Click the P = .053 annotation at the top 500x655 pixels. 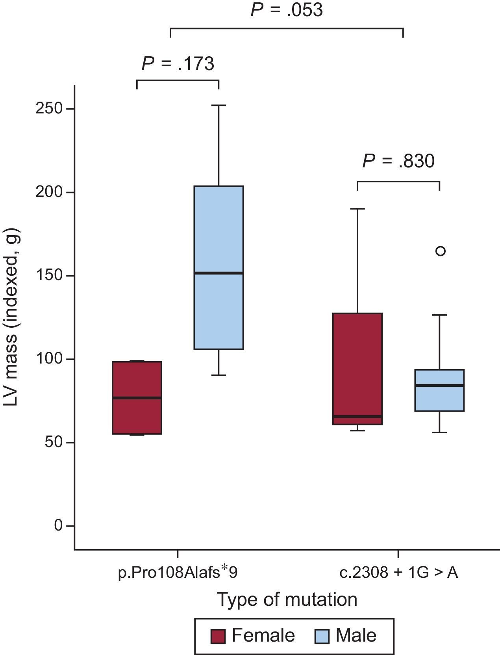(x=287, y=10)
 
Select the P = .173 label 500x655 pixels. (x=178, y=64)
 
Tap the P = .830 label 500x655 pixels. (x=398, y=161)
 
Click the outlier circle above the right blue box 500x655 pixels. (x=441, y=251)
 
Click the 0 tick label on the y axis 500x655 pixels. (x=59, y=525)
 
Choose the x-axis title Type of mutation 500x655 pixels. (x=287, y=600)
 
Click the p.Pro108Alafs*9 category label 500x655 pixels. (x=178, y=572)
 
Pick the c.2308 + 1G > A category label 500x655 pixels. (x=398, y=572)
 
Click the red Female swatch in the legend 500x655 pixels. (x=218, y=636)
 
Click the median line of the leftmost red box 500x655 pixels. (x=137, y=398)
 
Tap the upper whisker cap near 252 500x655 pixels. (x=219, y=106)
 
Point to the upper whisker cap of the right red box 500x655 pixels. (x=357, y=209)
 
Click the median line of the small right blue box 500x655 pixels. (x=439, y=385)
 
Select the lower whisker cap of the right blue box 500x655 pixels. (x=439, y=432)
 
